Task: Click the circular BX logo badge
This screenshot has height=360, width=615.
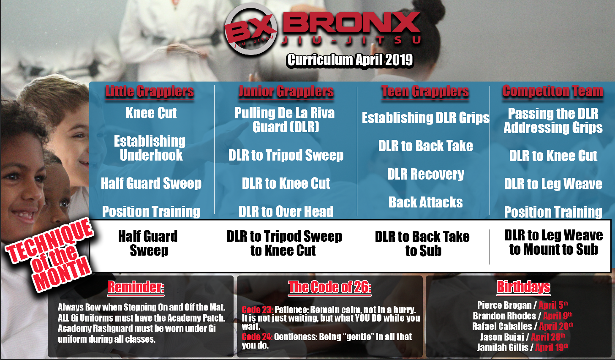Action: (x=251, y=29)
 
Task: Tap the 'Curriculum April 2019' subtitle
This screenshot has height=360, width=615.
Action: (x=350, y=60)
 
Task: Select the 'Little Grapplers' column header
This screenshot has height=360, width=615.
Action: (x=150, y=91)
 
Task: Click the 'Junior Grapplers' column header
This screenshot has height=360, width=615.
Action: (x=286, y=91)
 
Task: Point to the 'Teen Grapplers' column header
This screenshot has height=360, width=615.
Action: (x=425, y=91)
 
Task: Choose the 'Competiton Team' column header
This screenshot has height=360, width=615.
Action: (x=552, y=91)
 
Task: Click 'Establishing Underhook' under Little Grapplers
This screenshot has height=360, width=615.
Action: (x=150, y=148)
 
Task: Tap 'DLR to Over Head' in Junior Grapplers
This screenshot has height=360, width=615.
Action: (x=286, y=211)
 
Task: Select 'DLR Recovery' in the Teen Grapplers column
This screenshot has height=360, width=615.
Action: (x=426, y=174)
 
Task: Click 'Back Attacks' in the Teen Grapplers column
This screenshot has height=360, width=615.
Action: (x=426, y=202)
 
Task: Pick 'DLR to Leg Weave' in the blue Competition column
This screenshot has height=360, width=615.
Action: (x=553, y=184)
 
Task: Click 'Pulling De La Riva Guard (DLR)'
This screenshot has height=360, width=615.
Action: (x=285, y=120)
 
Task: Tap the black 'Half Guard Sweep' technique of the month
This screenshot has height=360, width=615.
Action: (x=148, y=243)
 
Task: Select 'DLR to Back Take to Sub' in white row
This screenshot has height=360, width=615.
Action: (x=422, y=243)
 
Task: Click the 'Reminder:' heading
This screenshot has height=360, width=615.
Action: (x=136, y=287)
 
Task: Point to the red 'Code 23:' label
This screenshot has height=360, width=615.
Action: (x=257, y=310)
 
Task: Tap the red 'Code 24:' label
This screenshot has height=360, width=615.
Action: (x=257, y=337)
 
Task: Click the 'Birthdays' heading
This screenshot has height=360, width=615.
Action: (x=524, y=287)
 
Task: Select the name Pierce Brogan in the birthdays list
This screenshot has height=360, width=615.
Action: (x=504, y=305)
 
